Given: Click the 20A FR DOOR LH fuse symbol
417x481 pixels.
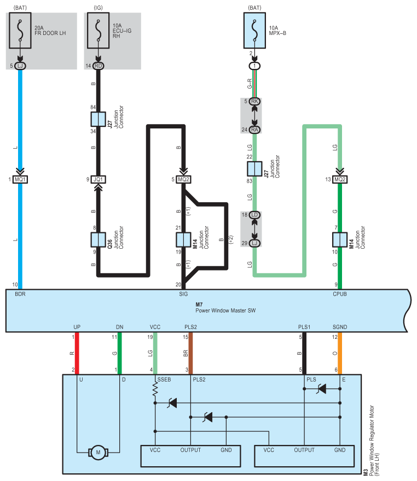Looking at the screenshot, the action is (20, 31).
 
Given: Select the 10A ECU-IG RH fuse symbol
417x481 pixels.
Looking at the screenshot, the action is (99, 31).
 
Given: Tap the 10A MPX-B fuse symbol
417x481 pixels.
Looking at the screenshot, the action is (254, 31).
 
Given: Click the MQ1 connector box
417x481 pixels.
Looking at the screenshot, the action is (20, 179).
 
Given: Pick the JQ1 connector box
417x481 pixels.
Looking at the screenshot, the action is (99, 179).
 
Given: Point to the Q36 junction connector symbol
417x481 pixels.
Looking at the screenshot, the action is (99, 240).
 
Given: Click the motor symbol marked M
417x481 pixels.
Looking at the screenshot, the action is (99, 452).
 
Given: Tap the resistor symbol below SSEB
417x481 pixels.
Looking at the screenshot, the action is (155, 390).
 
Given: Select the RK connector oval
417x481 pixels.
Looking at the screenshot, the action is (254, 101).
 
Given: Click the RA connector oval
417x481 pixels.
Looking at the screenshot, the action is (254, 130).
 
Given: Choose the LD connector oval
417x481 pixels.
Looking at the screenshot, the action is (254, 215).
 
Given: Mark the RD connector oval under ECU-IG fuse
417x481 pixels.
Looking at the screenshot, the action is (99, 66).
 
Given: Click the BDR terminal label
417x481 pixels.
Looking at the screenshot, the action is (20, 294).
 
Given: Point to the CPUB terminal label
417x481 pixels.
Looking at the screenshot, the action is (340, 294).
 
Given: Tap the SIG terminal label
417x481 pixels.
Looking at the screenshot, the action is (183, 294).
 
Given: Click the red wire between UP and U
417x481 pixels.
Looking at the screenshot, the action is (77, 354).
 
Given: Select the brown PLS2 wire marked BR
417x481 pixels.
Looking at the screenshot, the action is (190, 354).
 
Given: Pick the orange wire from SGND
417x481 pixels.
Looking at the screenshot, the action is (340, 354).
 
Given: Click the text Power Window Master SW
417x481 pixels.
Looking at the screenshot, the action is (225, 311).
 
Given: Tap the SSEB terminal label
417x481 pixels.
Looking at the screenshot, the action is (164, 380).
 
